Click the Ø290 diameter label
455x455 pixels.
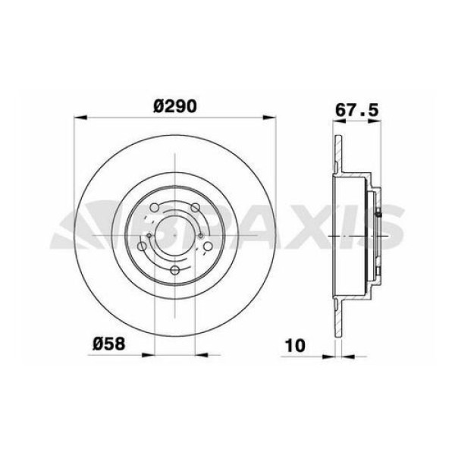click(x=175, y=107)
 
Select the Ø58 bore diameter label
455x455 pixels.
click(x=108, y=344)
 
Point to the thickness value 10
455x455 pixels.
click(x=296, y=345)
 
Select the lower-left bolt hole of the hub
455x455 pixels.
click(x=142, y=247)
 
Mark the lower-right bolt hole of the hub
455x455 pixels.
click(x=209, y=247)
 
